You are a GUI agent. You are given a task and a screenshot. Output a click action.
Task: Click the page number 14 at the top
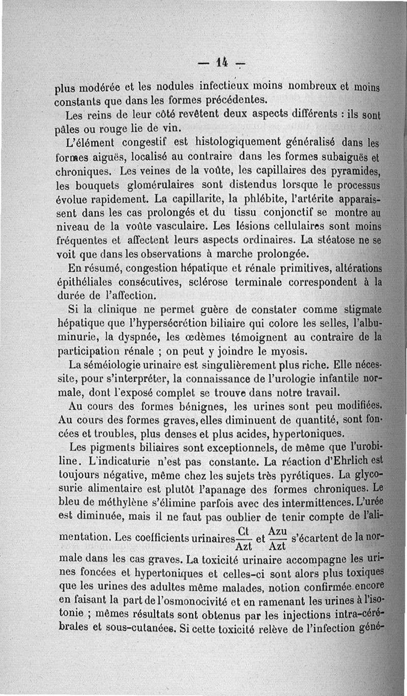coord(220,63)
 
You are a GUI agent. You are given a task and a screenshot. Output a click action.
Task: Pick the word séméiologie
coord(115,366)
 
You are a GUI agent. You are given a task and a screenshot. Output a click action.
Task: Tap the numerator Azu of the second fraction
coord(277,530)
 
